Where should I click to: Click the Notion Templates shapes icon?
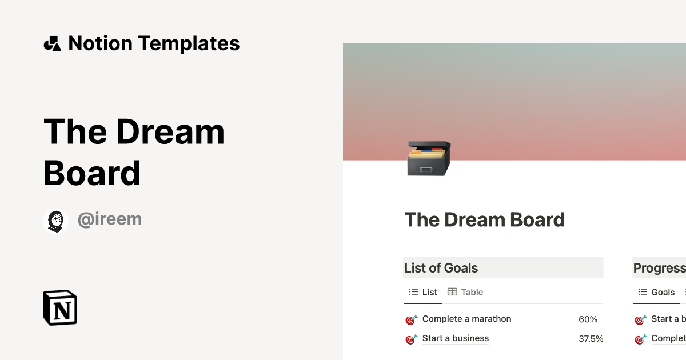point(53,43)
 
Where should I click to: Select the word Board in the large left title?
point(92,173)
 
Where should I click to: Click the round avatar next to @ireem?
point(56,221)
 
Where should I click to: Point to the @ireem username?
point(109,219)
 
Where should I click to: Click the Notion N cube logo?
point(60,307)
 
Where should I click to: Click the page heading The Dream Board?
point(484,220)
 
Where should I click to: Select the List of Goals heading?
point(441,268)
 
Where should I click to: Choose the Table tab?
point(472,292)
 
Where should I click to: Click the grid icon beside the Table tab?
point(452,292)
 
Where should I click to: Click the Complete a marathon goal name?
point(466,319)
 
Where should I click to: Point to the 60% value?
point(588,319)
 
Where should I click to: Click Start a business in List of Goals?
point(455,338)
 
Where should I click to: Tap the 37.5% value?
point(591,339)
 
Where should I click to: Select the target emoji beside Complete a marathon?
point(412,320)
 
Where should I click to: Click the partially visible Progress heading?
point(659,268)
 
